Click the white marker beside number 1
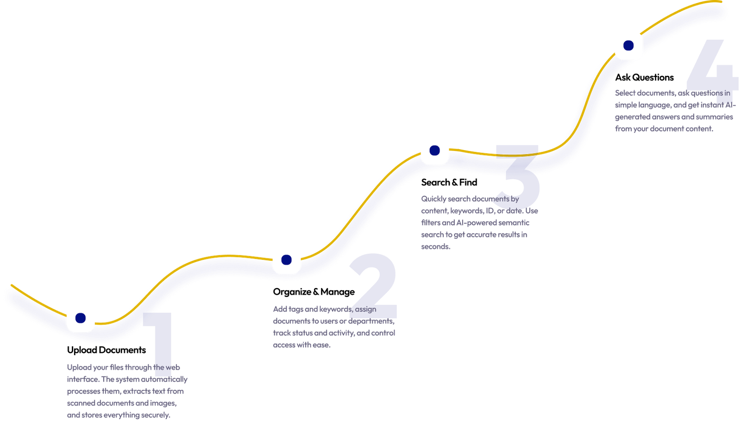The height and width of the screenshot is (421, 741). (81, 318)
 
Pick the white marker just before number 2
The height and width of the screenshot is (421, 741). (286, 260)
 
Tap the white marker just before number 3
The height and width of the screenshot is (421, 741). (434, 150)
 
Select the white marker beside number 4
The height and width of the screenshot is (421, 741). (628, 45)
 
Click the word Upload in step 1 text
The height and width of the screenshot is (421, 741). (79, 368)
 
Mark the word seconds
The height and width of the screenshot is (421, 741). (435, 247)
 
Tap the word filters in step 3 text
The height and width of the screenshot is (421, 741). (430, 223)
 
